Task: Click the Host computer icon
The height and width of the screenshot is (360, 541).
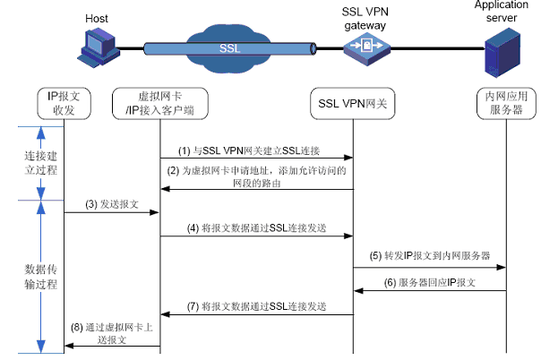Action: click(x=98, y=48)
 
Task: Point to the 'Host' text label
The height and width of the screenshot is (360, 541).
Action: click(x=97, y=18)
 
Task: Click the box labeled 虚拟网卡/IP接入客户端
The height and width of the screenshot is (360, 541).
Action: click(x=160, y=103)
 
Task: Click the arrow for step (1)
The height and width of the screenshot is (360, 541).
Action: click(x=256, y=158)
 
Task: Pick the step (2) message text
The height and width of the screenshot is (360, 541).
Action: click(x=256, y=176)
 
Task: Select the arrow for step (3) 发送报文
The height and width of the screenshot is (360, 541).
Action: click(x=112, y=213)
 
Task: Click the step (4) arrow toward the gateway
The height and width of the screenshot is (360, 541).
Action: click(x=256, y=237)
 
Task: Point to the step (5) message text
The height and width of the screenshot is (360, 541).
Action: click(x=431, y=255)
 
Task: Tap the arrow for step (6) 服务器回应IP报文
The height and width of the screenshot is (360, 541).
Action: click(x=430, y=289)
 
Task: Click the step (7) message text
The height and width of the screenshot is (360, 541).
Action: click(x=256, y=306)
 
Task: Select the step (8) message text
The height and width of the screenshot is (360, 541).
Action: click(x=112, y=334)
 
